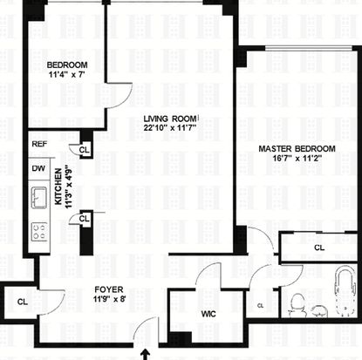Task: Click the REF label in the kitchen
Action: tap(39, 144)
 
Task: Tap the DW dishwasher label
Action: tap(38, 168)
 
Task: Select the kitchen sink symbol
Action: tap(39, 198)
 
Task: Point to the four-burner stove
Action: tap(39, 232)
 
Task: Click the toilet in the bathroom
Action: tap(298, 305)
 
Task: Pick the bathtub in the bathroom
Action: tap(345, 291)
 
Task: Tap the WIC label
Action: tap(208, 314)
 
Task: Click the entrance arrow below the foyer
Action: tap(146, 355)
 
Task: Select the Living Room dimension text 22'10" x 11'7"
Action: tap(170, 128)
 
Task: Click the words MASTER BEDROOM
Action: tap(297, 149)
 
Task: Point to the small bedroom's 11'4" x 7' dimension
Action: tap(67, 75)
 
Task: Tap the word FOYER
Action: tap(109, 289)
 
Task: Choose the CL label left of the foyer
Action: tap(23, 302)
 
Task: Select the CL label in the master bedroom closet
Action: tap(319, 248)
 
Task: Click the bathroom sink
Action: tap(319, 311)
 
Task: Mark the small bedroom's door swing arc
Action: tap(125, 99)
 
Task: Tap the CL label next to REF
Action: tap(85, 150)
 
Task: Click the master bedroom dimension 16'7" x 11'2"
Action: tap(297, 159)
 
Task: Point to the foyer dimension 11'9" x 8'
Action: tap(109, 299)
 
